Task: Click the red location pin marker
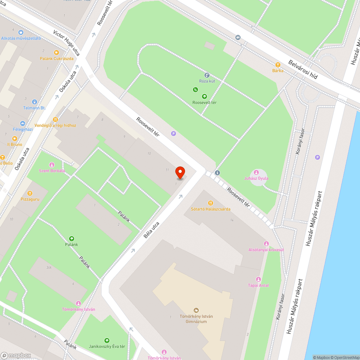(x=180, y=172)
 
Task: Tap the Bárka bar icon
(x=278, y=65)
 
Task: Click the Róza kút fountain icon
(x=207, y=75)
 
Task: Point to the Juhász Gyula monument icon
(x=256, y=172)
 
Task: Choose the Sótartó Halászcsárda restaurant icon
(x=211, y=203)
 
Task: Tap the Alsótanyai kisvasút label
(x=266, y=250)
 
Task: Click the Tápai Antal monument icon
(x=258, y=279)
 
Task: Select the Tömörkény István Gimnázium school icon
(x=196, y=310)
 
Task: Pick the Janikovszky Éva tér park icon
(x=107, y=340)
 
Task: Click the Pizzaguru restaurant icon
(x=30, y=193)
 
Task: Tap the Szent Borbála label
(x=52, y=171)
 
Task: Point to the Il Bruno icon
(x=15, y=139)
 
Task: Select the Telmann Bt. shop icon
(x=35, y=102)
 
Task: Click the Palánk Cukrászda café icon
(x=56, y=53)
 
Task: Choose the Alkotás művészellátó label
(x=21, y=38)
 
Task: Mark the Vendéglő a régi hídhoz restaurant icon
(x=55, y=120)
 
